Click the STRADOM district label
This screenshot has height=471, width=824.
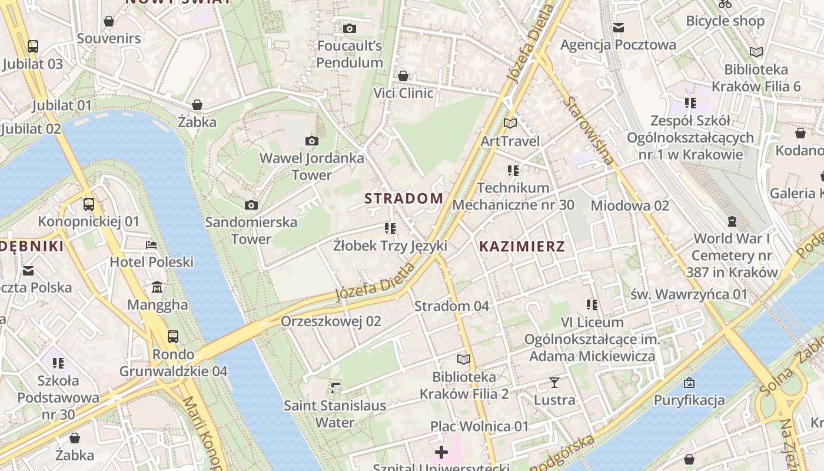(404, 198)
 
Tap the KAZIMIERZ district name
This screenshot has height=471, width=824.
(521, 247)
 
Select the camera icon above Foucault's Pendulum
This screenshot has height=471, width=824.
(350, 28)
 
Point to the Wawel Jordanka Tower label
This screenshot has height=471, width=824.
(312, 167)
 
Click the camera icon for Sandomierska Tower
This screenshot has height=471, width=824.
(251, 205)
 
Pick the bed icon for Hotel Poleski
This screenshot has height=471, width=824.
(151, 245)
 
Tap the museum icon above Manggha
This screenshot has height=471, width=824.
(157, 287)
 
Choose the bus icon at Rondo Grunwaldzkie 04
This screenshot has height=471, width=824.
(173, 337)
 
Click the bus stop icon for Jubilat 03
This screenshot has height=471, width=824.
(33, 47)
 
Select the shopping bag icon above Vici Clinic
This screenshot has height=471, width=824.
(403, 76)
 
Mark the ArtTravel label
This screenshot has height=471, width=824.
(510, 141)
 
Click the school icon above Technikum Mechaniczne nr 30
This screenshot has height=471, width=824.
(513, 171)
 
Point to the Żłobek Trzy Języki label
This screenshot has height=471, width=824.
(390, 246)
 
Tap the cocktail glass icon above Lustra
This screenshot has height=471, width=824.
(554, 383)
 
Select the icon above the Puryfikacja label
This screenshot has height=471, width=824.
(689, 383)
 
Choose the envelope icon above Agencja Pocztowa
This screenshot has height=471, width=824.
(618, 28)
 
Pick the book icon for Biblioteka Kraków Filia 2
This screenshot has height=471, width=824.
(464, 359)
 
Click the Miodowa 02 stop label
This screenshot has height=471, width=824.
(630, 205)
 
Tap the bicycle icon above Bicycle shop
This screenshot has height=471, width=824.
(725, 4)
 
